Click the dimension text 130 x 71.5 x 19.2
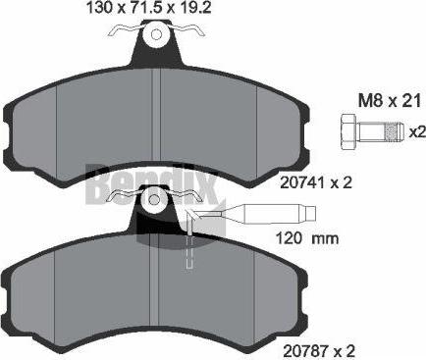(x=148, y=8)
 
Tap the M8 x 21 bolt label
(x=390, y=101)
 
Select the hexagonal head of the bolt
(x=348, y=132)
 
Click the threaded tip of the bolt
(x=395, y=132)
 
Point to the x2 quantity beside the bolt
(x=418, y=132)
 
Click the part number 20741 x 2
(x=316, y=182)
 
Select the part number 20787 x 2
(x=319, y=351)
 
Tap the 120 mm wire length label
(x=307, y=238)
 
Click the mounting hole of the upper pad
(x=156, y=34)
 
